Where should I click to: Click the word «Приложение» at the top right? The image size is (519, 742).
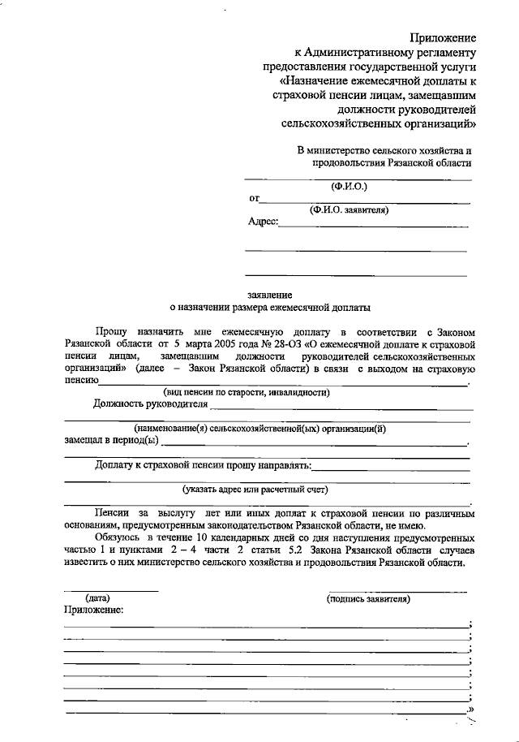(x=442, y=37)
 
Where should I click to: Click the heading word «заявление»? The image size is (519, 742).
(x=270, y=295)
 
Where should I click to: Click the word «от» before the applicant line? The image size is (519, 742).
(x=254, y=198)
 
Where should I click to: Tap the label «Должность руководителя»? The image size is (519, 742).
(x=145, y=403)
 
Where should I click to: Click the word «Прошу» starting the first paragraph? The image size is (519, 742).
(x=111, y=333)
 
